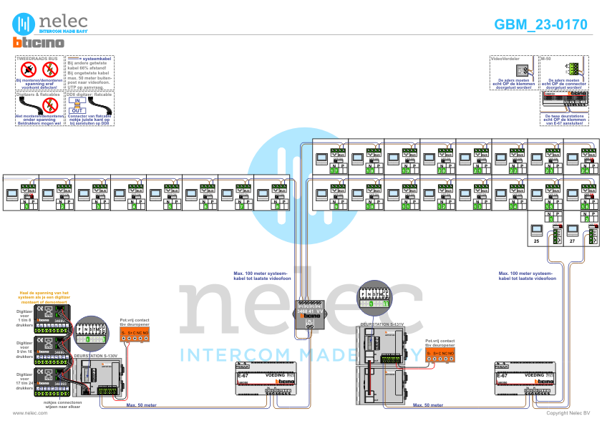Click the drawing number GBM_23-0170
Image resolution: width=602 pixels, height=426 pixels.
click(x=540, y=24)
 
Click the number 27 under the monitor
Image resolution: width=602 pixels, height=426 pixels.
click(x=572, y=242)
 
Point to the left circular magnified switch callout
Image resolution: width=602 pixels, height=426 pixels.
click(x=90, y=331)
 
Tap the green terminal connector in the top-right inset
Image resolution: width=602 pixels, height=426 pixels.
click(x=572, y=69)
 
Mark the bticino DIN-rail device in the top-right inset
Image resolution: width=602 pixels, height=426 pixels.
click(x=565, y=97)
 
